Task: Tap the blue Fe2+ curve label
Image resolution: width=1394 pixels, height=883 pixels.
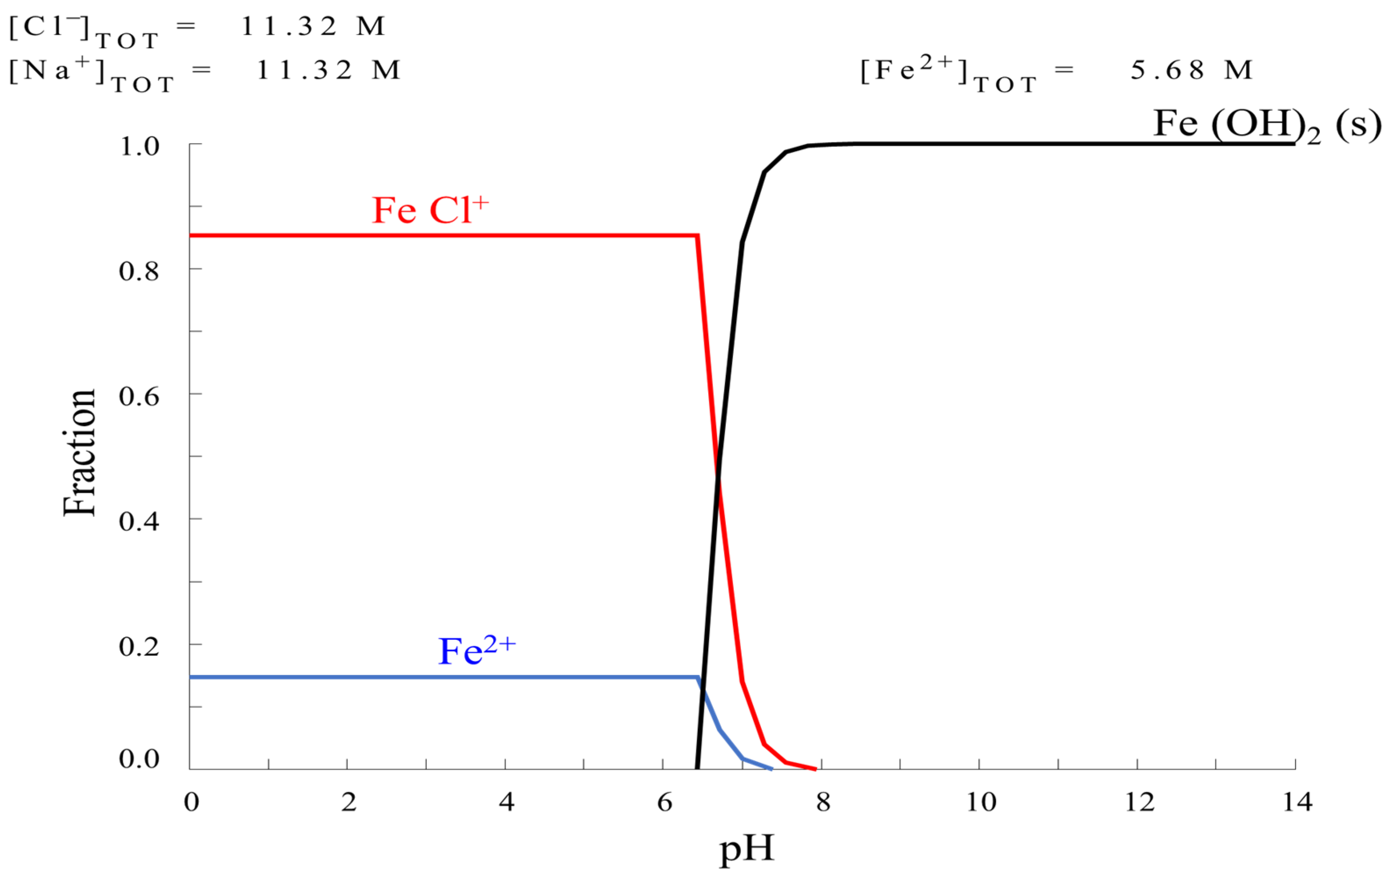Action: (x=476, y=650)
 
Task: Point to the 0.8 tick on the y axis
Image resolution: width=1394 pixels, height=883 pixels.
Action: (x=139, y=271)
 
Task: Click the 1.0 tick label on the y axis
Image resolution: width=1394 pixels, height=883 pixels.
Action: (x=139, y=146)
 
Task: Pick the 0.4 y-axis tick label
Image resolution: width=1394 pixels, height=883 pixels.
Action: (x=139, y=521)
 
